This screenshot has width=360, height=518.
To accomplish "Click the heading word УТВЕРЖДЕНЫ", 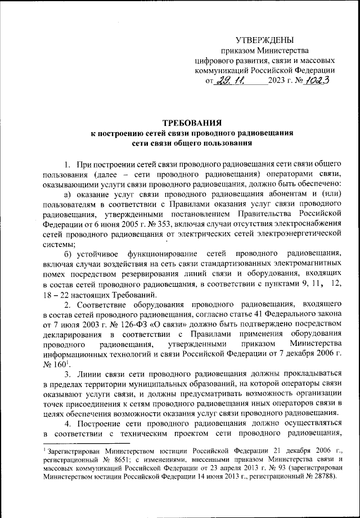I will [264, 40].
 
